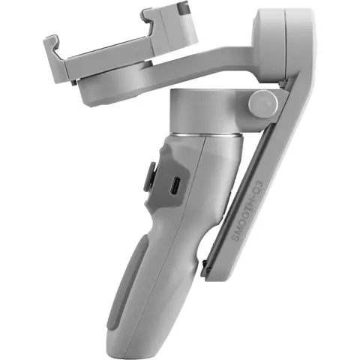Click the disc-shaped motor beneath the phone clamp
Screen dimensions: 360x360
click(120, 88)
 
